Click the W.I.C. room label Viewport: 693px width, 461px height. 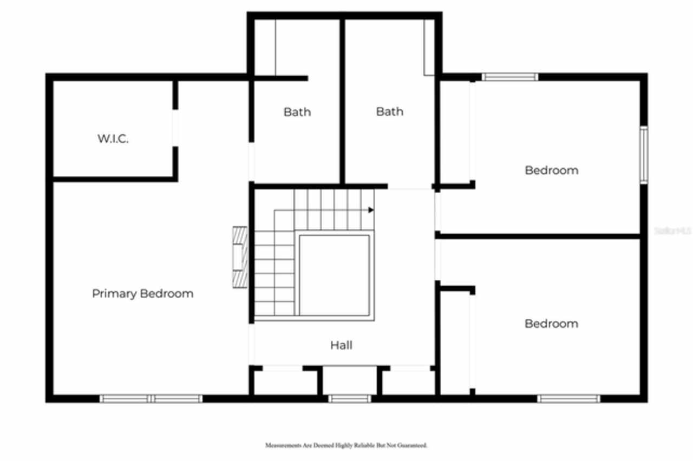click(x=113, y=139)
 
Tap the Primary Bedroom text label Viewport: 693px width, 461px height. click(x=142, y=294)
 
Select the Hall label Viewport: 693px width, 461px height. click(x=341, y=345)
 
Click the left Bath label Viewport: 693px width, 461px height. click(x=297, y=112)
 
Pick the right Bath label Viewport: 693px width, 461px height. click(x=389, y=111)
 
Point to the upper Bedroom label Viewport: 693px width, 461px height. click(x=551, y=170)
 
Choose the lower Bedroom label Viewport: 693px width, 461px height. click(x=551, y=324)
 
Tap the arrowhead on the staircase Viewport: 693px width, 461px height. click(x=371, y=209)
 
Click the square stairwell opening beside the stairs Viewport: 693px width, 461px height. click(x=335, y=274)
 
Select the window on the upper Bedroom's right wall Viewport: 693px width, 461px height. click(x=643, y=155)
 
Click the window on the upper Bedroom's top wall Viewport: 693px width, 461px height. click(x=510, y=77)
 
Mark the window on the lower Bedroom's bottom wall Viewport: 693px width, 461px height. click(x=568, y=399)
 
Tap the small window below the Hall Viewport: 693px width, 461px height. click(x=350, y=399)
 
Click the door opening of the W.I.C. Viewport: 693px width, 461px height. click(x=175, y=128)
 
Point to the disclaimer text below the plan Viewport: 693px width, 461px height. click(x=346, y=445)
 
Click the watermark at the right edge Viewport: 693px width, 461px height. click(x=673, y=230)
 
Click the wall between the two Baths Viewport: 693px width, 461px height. click(x=342, y=103)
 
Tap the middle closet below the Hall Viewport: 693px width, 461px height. click(x=350, y=381)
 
